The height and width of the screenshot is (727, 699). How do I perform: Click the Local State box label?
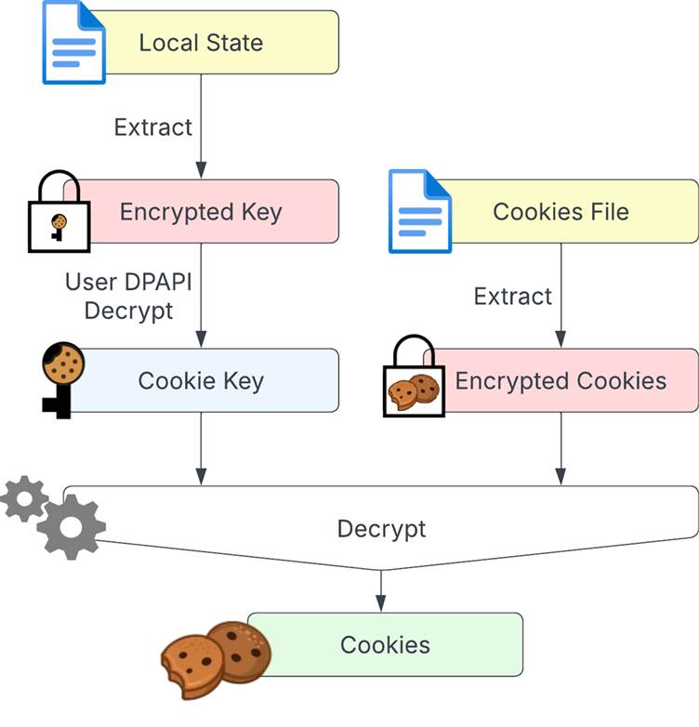pos(201,43)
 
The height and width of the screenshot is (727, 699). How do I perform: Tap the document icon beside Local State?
pos(73,42)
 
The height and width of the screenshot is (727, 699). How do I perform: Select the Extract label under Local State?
pos(153,127)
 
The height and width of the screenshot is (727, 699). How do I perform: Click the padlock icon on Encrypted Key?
pos(59,211)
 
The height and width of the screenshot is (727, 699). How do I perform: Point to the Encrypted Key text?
pos(201,212)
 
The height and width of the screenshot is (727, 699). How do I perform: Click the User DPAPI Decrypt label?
pos(128,296)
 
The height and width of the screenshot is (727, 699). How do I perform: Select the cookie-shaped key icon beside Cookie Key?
pos(63,380)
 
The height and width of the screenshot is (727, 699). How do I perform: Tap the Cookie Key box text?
pos(201,381)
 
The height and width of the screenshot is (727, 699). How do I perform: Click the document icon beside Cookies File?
pos(420,211)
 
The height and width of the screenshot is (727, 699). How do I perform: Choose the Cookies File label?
pos(561,212)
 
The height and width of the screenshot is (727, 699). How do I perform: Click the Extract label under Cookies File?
pos(513,297)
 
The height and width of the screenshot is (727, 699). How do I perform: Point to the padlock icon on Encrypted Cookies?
pos(414,376)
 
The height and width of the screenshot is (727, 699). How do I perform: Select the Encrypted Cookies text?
pos(561,381)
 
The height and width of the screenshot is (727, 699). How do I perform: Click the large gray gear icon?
pos(71,527)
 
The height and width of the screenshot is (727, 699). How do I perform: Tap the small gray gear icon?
pos(24,499)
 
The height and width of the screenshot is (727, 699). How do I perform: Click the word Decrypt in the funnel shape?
pos(381,529)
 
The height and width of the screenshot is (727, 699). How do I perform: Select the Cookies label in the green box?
pos(385,645)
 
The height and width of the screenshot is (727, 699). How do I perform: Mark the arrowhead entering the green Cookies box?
pos(381,603)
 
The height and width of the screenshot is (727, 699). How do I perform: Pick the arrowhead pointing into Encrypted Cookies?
pos(561,339)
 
